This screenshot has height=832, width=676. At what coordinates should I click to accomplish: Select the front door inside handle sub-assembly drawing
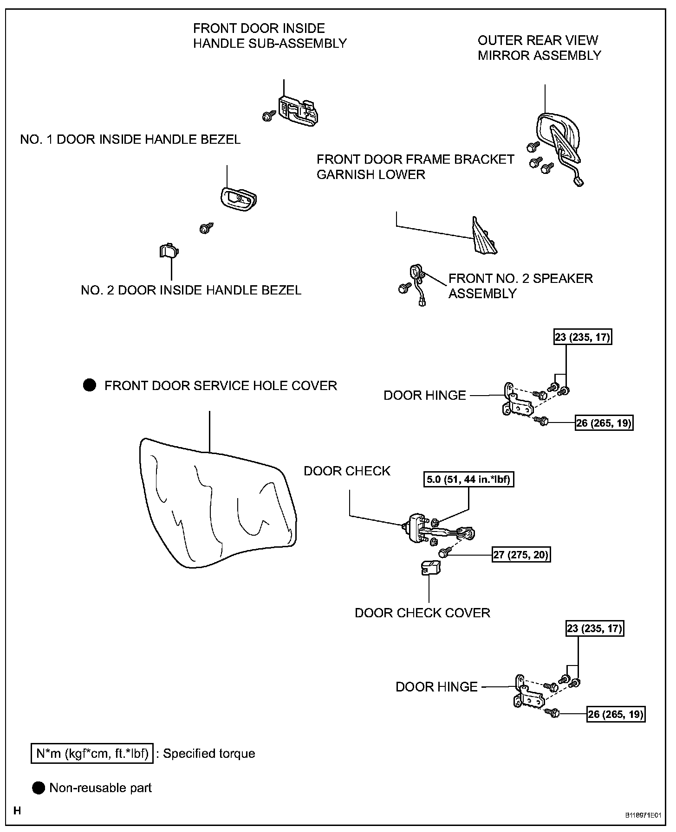coord(298,111)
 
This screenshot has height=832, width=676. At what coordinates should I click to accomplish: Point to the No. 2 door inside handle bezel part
coord(169,251)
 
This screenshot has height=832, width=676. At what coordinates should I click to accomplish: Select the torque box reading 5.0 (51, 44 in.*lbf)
coord(468,479)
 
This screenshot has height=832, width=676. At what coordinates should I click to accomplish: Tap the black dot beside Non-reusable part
coord(39,787)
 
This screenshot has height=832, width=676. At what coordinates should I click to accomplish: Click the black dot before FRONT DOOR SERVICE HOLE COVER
coord(89,385)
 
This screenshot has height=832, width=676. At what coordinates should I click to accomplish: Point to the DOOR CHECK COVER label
coord(422,613)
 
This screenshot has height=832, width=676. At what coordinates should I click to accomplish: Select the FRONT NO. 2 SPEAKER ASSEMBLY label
coord(520,286)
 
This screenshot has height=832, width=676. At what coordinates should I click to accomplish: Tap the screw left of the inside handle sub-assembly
coord(267,116)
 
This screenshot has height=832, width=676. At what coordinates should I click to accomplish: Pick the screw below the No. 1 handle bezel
coord(204,228)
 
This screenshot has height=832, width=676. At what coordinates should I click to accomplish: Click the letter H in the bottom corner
coord(17,811)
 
